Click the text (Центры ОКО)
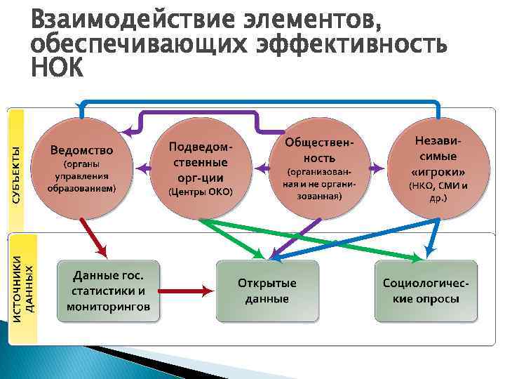pos(200,192)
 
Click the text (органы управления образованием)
pos(81,178)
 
